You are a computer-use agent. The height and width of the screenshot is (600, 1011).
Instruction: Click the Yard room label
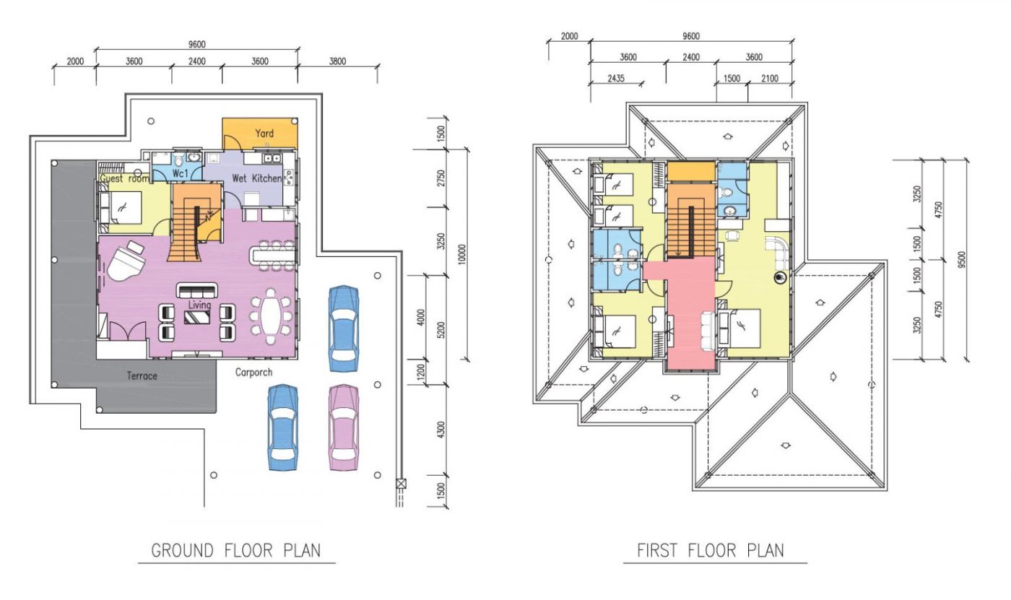tap(264, 134)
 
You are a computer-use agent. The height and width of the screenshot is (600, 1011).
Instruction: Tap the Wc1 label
tap(181, 174)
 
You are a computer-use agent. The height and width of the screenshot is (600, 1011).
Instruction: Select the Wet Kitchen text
tap(256, 178)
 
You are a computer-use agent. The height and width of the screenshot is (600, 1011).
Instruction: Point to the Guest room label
tap(124, 178)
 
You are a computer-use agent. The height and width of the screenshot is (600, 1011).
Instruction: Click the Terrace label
tap(142, 376)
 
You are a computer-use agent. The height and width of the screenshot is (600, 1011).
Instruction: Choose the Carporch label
tap(253, 373)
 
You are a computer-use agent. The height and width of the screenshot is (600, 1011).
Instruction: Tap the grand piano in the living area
tap(124, 261)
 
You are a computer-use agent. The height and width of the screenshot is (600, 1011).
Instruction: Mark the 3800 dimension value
tap(337, 61)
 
